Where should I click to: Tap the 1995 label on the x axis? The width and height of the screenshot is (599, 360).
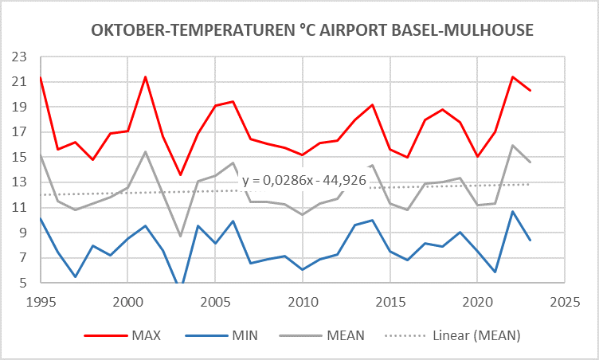41,303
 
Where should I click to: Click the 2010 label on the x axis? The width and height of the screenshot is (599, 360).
303,303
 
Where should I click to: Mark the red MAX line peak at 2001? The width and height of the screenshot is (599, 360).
145,76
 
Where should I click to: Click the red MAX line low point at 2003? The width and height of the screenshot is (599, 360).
180,175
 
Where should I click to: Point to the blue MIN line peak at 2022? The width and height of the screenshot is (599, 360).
513,211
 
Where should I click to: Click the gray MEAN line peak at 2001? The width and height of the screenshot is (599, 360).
145,151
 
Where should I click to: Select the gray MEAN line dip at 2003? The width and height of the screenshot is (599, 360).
180,236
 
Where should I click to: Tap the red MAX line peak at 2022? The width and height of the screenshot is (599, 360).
513,76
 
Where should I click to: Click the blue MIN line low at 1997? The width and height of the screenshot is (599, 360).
75,276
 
